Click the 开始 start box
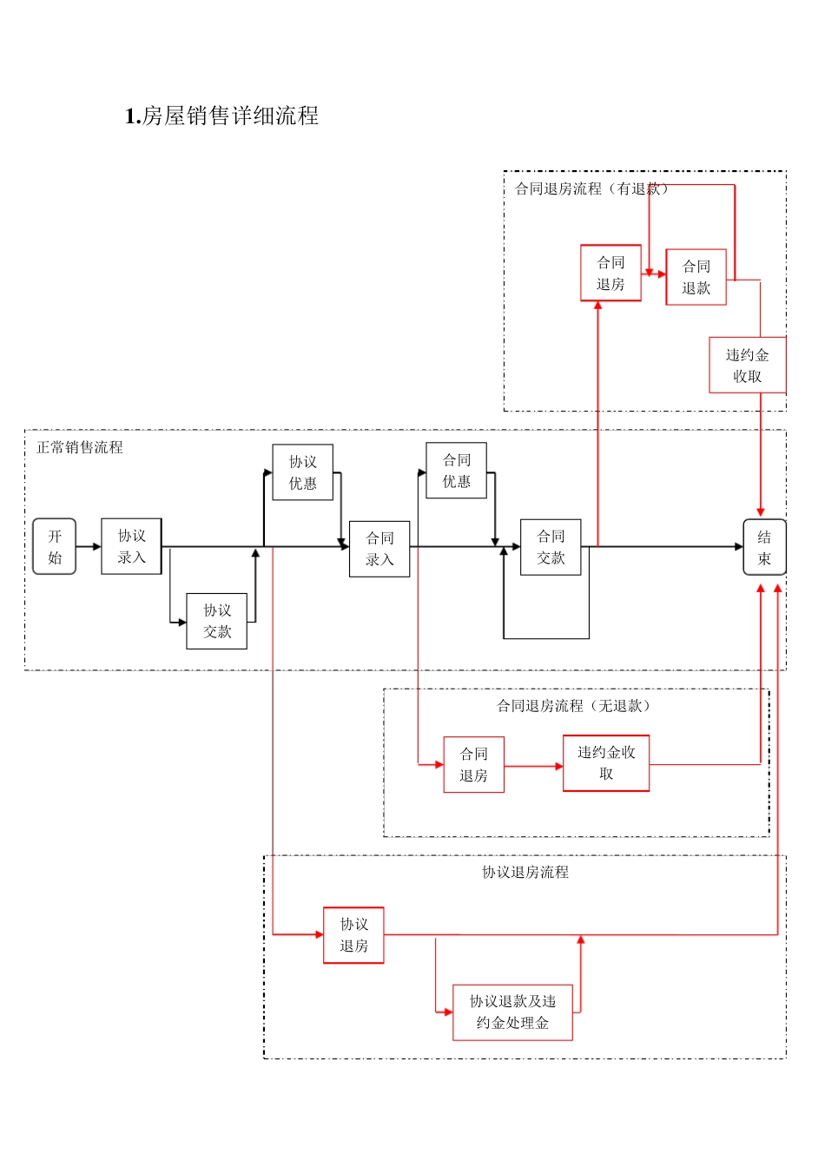coord(55,547)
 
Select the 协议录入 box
coord(131,547)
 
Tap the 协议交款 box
coord(216,622)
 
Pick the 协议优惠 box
coord(302,473)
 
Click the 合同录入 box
coord(379,550)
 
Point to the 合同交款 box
coord(551,548)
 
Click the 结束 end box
coord(764,548)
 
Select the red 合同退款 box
coord(696,278)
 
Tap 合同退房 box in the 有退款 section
coord(610,274)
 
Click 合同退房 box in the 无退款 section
coord(473,765)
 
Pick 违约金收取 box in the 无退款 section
coord(606,763)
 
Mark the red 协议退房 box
coord(353,935)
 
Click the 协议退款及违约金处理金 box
coord(512,1012)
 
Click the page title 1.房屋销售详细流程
coord(221,115)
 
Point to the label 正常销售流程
coord(80,447)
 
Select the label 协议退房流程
coord(525,872)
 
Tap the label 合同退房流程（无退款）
coord(574,706)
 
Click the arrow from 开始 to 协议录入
coord(89,547)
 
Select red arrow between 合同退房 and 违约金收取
coord(533,766)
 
